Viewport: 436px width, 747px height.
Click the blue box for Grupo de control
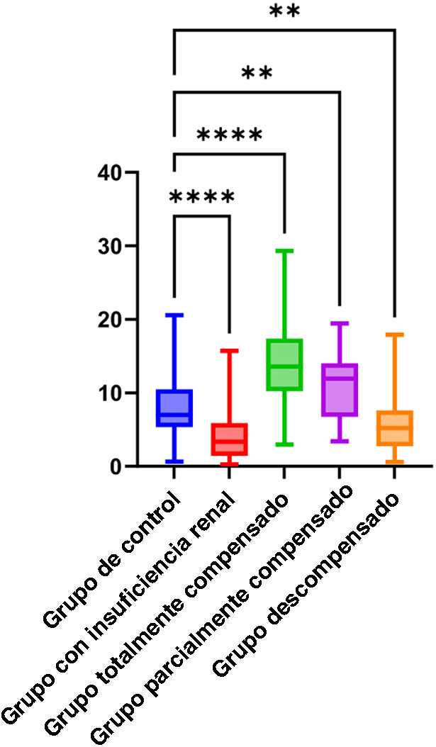click(174, 408)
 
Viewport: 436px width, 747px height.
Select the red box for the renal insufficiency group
click(228, 439)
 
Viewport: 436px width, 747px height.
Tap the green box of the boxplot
click(284, 364)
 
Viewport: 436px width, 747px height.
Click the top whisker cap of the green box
click(284, 250)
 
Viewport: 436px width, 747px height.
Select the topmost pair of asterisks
click(284, 11)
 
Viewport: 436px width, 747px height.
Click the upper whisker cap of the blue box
click(174, 315)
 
